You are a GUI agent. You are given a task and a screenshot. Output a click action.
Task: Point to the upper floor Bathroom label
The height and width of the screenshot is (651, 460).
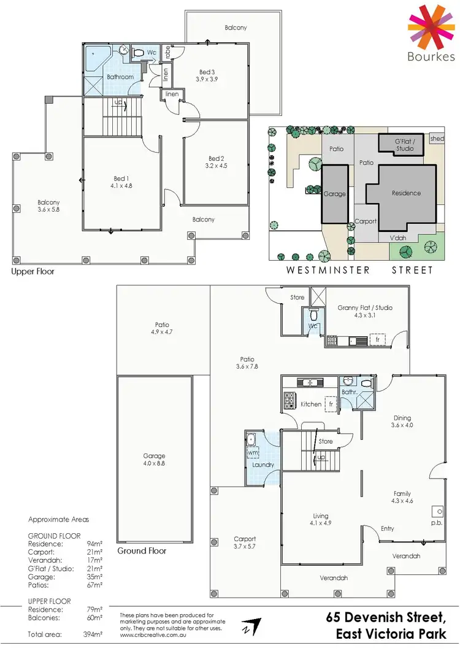120,77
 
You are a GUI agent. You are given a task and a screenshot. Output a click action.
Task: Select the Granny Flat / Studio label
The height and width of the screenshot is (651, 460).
365,308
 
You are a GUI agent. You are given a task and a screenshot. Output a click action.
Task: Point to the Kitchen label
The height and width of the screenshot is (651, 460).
311,404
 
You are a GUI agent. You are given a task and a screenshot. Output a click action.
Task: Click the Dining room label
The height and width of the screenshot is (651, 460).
402,418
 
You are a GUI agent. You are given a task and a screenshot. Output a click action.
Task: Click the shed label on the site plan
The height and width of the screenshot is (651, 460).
437,139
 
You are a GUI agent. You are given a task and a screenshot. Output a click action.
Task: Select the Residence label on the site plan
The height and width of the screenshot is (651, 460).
406,193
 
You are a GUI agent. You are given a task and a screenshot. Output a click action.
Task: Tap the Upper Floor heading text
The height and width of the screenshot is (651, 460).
33,271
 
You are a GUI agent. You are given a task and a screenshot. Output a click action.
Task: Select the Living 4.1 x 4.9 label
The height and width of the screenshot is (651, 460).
320,520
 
